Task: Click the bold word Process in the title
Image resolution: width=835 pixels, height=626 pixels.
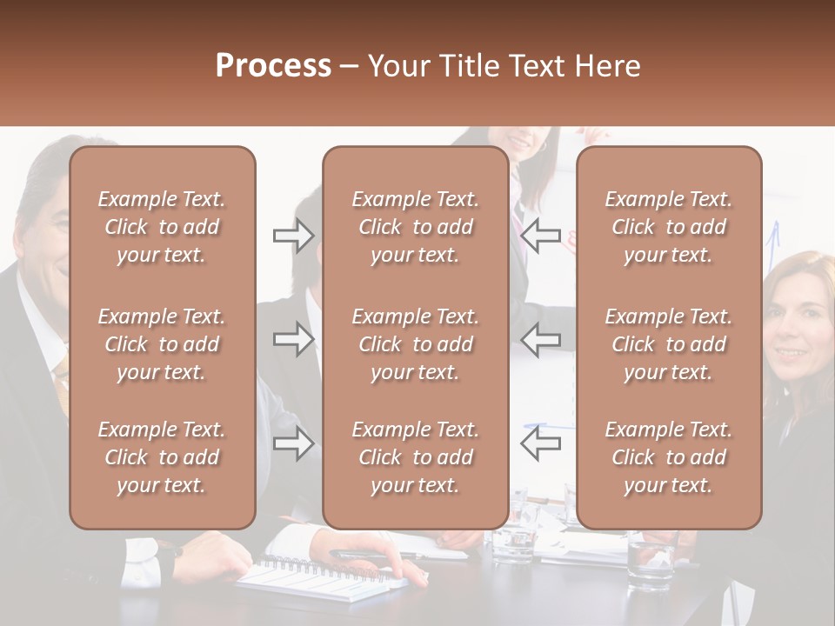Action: click(273, 66)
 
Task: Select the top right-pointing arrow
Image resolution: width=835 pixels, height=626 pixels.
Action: click(293, 235)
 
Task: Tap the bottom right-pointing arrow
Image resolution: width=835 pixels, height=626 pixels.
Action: click(293, 443)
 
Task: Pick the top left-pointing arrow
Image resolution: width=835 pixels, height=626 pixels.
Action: click(540, 235)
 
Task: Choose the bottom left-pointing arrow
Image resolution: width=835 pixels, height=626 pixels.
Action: click(540, 443)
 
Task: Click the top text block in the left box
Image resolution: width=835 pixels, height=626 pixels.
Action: click(162, 227)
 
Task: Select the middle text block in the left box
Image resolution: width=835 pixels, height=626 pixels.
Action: click(162, 344)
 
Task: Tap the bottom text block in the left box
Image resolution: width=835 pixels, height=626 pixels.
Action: click(162, 457)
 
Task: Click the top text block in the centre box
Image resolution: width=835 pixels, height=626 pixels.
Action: click(415, 227)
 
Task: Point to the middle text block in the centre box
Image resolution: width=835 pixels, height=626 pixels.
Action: click(415, 344)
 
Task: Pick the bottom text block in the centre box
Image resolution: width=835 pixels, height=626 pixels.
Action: click(415, 457)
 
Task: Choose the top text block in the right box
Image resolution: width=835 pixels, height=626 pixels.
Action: click(669, 227)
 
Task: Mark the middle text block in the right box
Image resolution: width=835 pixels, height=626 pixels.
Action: click(669, 344)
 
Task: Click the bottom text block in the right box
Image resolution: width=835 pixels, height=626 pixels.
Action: click(669, 457)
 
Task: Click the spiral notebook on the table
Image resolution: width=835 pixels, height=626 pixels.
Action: click(317, 577)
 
